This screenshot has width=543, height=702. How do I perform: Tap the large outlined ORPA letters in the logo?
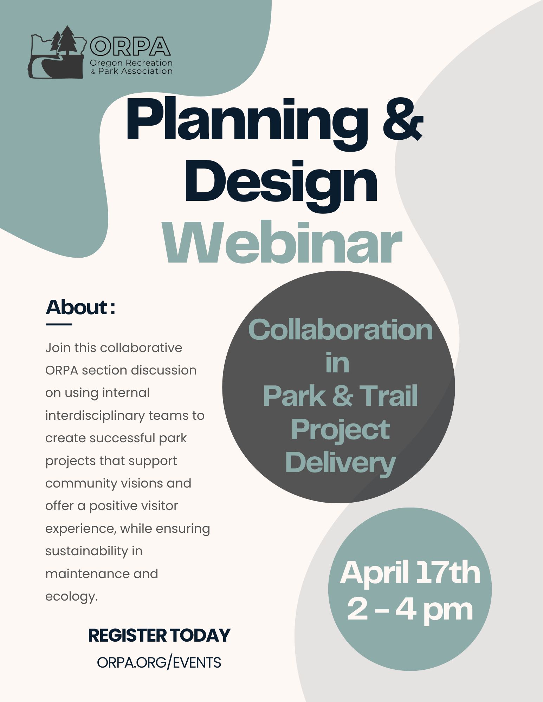130,46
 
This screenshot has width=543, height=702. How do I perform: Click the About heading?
80,307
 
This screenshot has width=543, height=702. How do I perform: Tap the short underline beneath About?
59,324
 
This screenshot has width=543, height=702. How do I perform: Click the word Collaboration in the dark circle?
340,330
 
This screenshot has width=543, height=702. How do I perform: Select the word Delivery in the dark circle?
340,463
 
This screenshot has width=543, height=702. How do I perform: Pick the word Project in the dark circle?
340,430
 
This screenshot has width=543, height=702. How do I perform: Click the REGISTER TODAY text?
159,635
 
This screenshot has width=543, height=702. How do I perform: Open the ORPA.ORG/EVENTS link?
159,662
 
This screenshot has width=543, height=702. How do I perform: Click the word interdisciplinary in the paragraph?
95,416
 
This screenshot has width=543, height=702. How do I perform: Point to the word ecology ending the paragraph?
71,597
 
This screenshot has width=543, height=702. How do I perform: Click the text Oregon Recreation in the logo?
131,63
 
